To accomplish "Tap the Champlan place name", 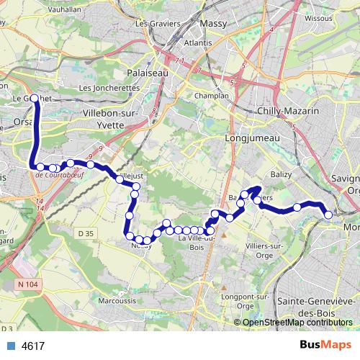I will click(x=212, y=95).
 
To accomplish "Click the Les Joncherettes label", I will click(x=108, y=88).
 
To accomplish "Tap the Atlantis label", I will click(x=198, y=43).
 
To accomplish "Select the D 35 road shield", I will click(x=86, y=233).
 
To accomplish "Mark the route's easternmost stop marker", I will click(x=328, y=214).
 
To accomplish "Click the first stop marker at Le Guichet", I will click(x=33, y=99).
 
